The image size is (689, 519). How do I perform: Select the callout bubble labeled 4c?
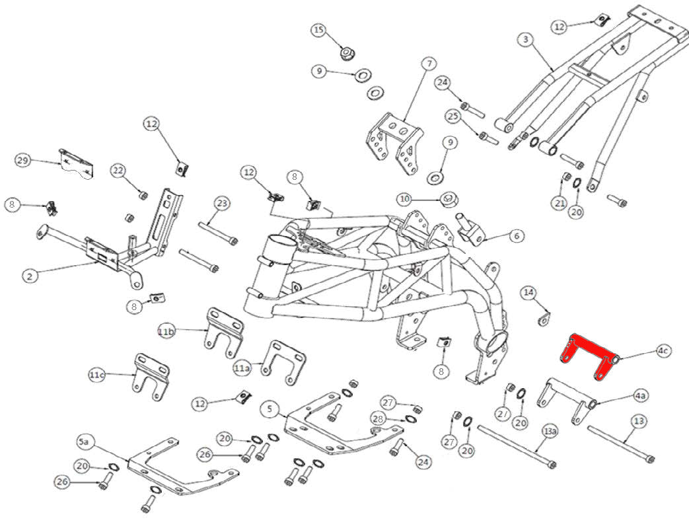[x=663, y=350]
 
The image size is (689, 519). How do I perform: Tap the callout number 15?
[x=319, y=30]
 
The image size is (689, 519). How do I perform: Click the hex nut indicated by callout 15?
[x=345, y=52]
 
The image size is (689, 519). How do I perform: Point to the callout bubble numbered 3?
[x=525, y=40]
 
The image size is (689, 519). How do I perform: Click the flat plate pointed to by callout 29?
[x=77, y=164]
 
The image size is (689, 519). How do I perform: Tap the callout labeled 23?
[x=221, y=204]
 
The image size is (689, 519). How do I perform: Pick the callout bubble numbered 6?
[x=517, y=235]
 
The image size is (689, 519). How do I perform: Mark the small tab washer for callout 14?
[x=544, y=321]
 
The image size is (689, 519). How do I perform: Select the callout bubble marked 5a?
[x=84, y=441]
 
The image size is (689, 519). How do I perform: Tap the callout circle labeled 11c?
[x=97, y=375]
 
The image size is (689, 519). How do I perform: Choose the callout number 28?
[x=378, y=419]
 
